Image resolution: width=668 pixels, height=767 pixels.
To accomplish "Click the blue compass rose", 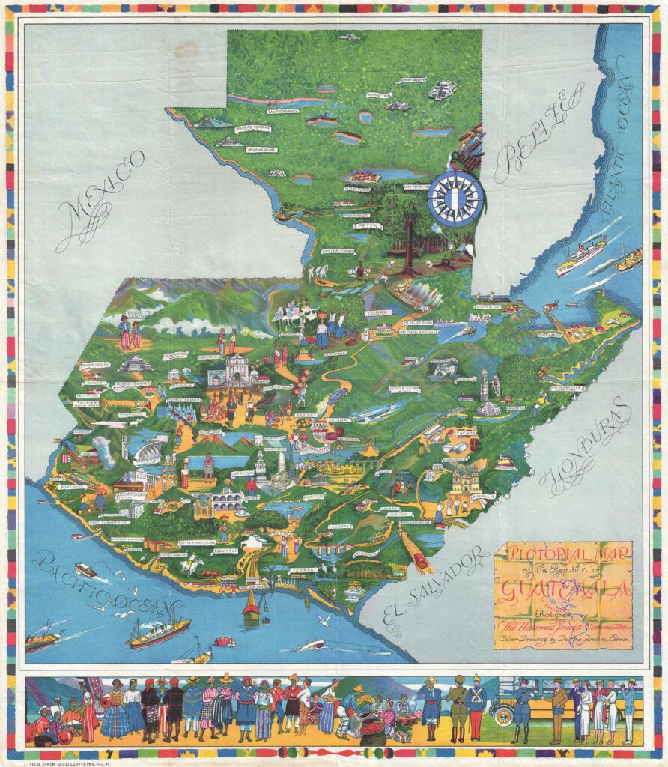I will (456, 198).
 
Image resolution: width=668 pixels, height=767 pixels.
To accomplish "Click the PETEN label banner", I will (364, 225).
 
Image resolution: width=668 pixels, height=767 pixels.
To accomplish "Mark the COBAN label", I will (377, 312).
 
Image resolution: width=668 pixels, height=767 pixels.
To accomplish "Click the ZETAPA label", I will (303, 570).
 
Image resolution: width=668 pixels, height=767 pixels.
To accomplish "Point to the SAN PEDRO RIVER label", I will (282, 112).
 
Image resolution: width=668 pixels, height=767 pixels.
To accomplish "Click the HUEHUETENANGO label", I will (132, 383).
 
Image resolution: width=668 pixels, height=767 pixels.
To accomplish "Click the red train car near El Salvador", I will (420, 560).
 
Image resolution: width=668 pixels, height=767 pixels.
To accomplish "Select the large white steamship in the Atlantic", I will (580, 256).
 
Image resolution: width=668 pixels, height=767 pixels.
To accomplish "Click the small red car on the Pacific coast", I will (225, 641).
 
